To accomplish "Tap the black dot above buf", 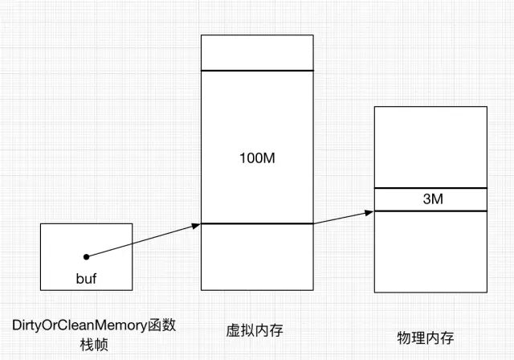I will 87,256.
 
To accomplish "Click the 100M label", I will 258,158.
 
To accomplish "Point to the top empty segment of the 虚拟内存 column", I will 257,52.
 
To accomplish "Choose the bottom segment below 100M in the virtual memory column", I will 257,256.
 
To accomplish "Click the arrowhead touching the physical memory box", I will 369,212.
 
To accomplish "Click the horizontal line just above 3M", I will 430,188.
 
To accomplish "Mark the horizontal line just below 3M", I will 430,211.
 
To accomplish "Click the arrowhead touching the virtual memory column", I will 195,226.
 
